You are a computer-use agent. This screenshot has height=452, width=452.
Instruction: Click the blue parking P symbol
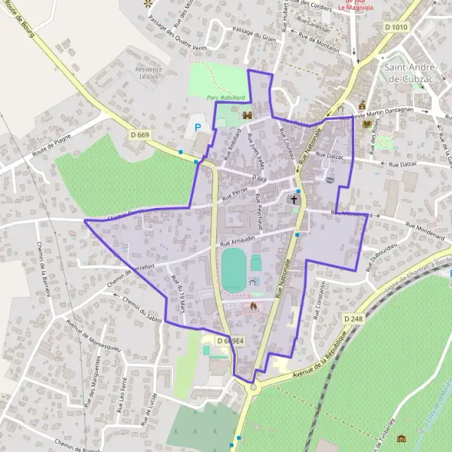[x=198, y=128]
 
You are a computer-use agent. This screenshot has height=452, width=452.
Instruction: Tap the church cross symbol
[x=294, y=201]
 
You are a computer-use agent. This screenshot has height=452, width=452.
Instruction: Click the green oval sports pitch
[x=234, y=267]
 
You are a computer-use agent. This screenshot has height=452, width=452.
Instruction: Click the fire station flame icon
[x=253, y=307]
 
